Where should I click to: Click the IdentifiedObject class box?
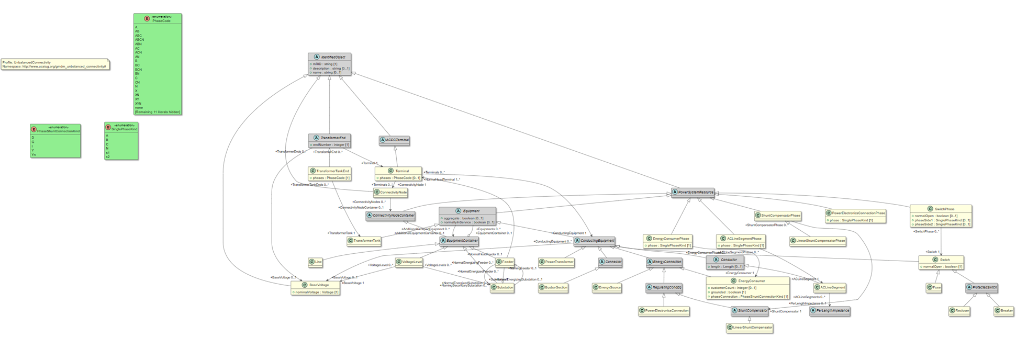329,64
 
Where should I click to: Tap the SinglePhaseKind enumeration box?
121,141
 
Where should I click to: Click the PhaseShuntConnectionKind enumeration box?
55,140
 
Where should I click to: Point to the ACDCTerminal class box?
395,140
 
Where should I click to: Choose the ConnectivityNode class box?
390,193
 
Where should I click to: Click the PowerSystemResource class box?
693,193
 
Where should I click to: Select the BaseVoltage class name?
319,285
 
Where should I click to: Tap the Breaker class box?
1004,311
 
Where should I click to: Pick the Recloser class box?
959,311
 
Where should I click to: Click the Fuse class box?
933,287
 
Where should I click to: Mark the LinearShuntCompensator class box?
750,328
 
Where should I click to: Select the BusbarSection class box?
553,287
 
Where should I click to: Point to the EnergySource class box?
607,287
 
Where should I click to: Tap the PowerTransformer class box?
556,262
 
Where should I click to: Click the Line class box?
316,262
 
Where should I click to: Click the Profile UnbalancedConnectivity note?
55,64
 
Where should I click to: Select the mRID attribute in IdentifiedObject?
325,64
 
